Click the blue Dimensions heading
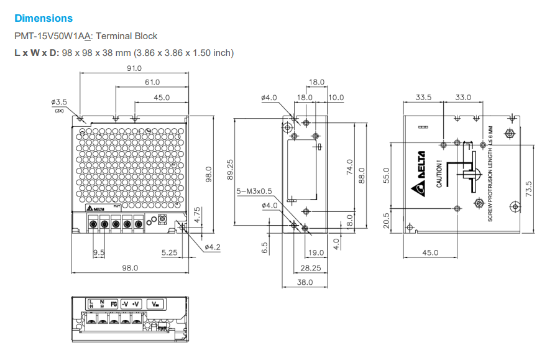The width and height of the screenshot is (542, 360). coord(44,19)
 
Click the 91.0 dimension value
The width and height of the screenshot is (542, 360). coord(134,68)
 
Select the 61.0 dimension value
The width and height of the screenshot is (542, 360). coord(152,82)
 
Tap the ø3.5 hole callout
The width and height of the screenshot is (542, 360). coord(60,101)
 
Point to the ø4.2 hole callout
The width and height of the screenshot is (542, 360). coord(213,247)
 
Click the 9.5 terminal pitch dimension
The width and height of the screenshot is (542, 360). coord(99,252)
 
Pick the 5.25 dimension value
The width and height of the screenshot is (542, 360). coord(169,252)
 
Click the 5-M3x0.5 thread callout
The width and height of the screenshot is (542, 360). coord(255,192)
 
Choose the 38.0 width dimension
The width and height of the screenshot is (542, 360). coord(304,282)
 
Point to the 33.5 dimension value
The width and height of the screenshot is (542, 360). coord(423,97)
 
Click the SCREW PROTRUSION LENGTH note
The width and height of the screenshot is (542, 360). coord(490,175)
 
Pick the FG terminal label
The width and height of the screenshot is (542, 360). coord(114,303)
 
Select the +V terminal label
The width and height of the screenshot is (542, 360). coord(137,303)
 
